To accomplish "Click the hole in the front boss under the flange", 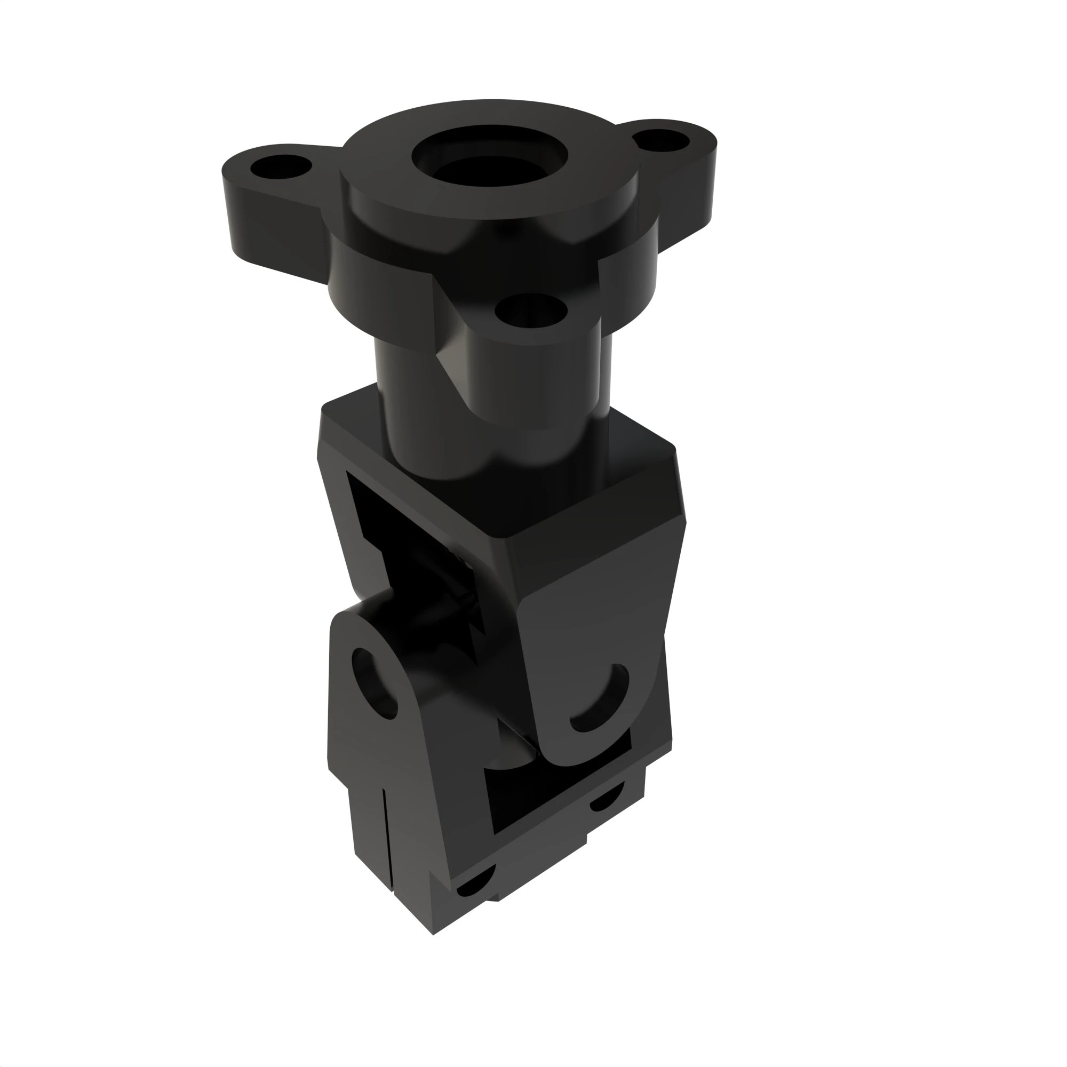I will pos(531,310).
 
